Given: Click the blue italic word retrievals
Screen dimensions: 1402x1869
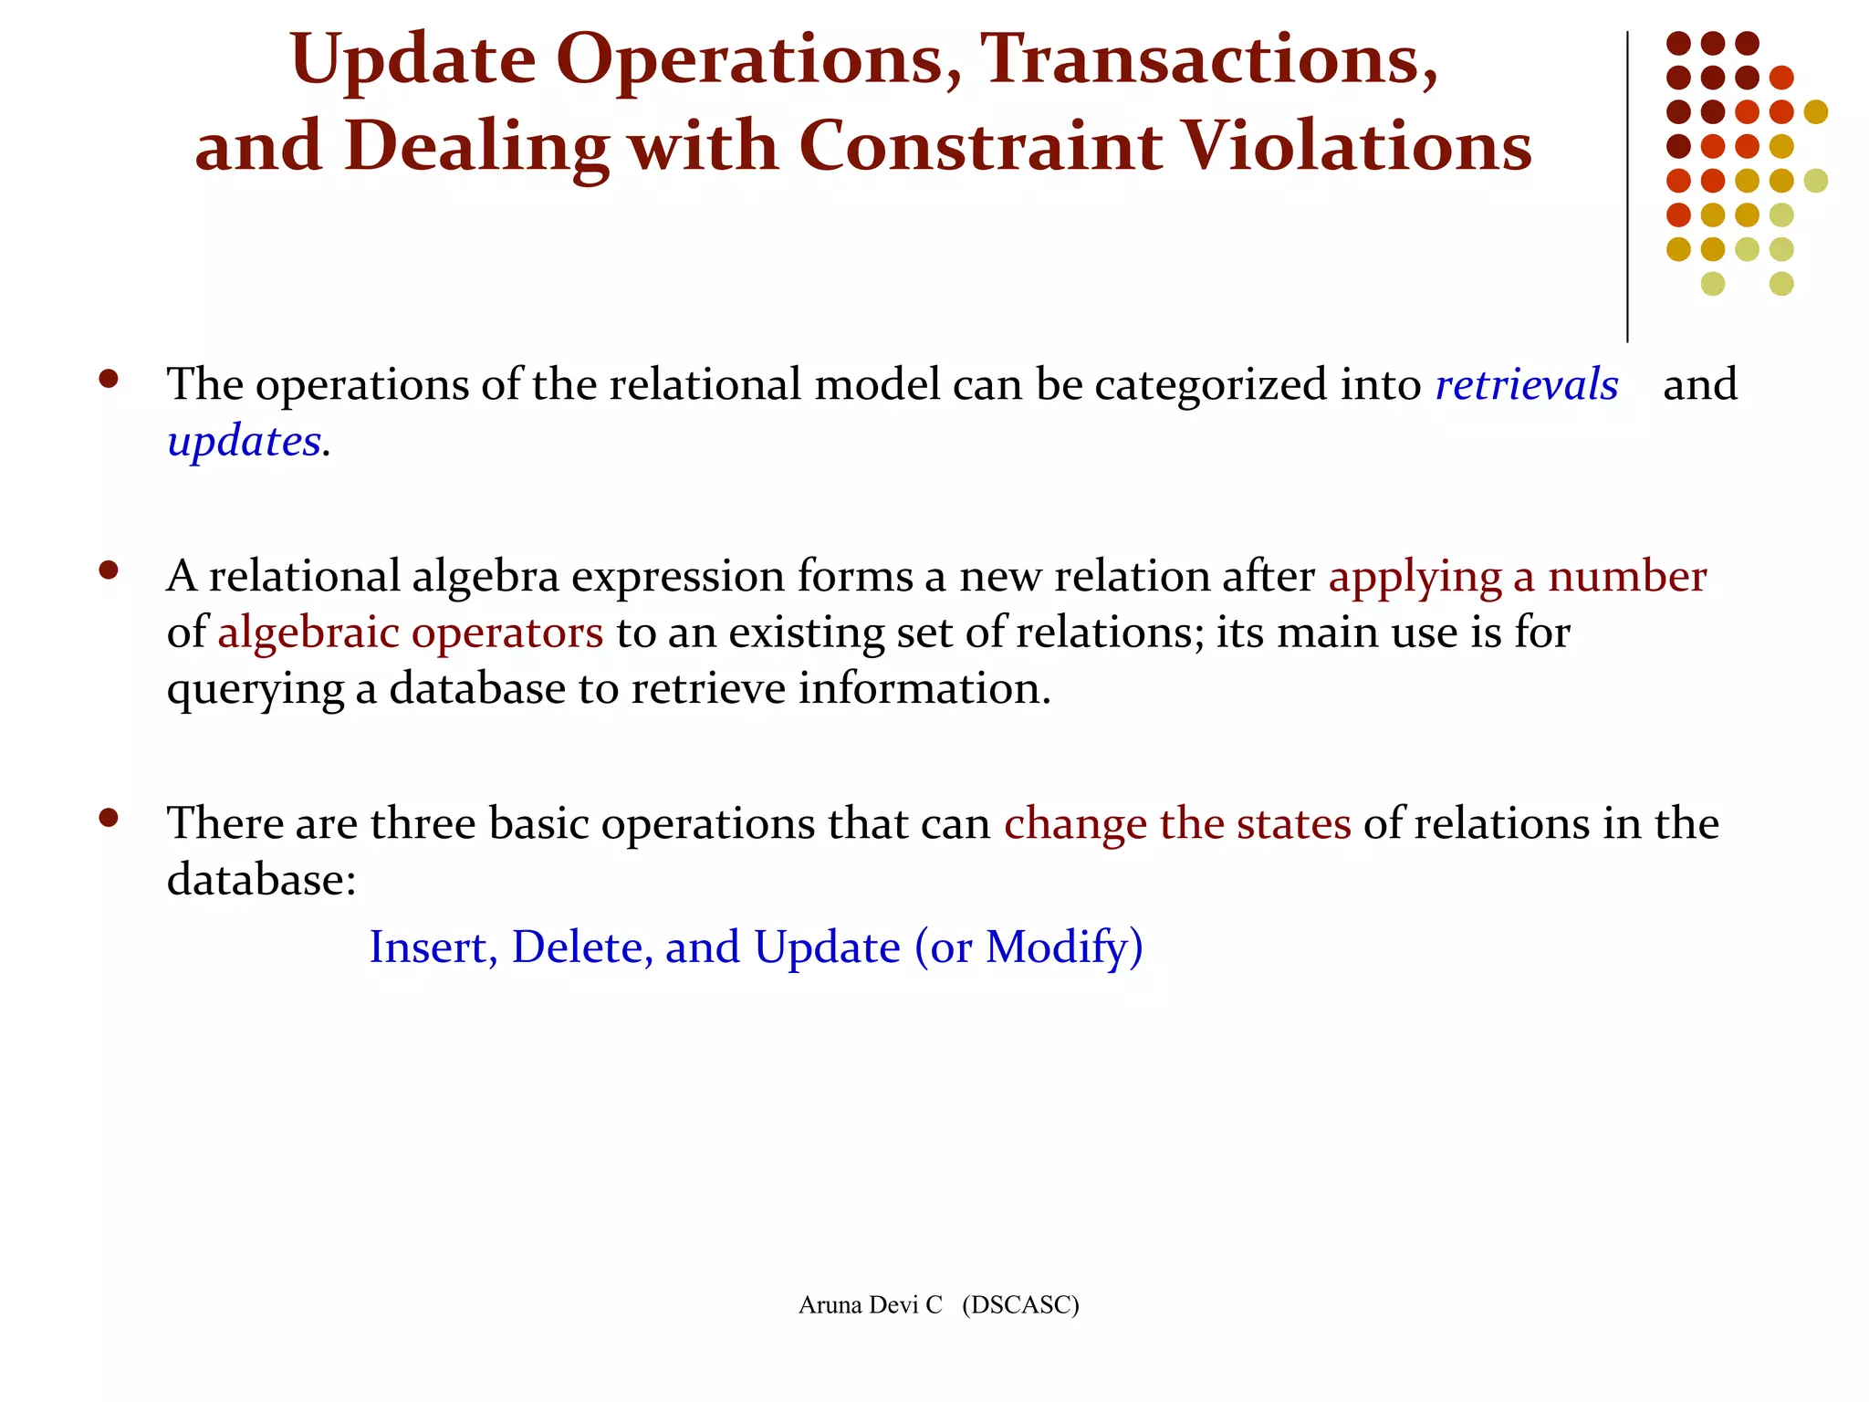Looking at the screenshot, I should (1526, 384).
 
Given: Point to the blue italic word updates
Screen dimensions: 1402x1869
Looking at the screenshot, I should (245, 442).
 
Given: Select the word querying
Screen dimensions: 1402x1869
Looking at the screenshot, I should (255, 690).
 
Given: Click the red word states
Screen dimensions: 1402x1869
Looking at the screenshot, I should (1293, 823).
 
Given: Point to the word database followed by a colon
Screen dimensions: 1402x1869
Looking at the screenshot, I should (261, 880).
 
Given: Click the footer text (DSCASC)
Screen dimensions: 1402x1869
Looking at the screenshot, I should (1020, 1305).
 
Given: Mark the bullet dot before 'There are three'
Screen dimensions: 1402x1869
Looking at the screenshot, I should (110, 818).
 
